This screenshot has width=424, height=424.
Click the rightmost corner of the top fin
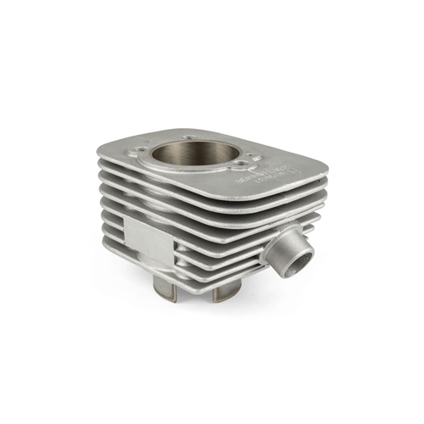point(323,166)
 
